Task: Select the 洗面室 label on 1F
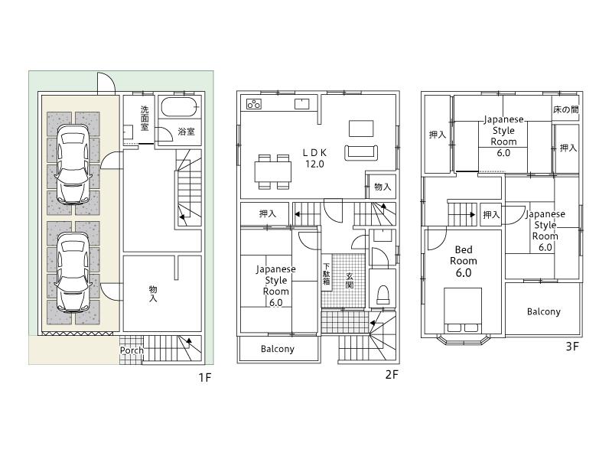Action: point(145,120)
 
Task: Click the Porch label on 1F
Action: point(132,350)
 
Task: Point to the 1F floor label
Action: point(203,377)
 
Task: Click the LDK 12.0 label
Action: point(315,158)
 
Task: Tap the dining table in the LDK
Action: point(273,171)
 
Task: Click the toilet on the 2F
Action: point(382,294)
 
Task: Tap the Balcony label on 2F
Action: point(277,349)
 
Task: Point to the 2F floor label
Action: point(392,374)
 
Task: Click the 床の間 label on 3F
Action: point(565,110)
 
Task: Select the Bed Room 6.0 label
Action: point(463,261)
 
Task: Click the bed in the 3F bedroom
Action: point(462,309)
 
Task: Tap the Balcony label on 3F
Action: point(543,311)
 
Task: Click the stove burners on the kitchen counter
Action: point(253,104)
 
